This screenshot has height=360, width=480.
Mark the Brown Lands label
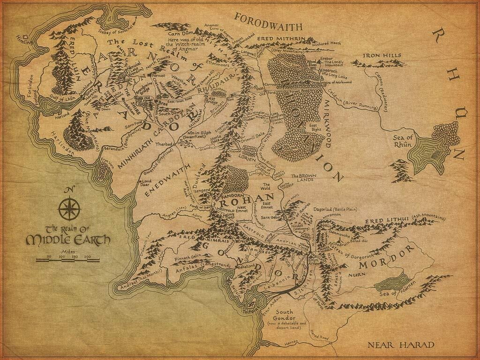pos(301,178)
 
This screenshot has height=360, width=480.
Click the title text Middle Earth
pos(68,240)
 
